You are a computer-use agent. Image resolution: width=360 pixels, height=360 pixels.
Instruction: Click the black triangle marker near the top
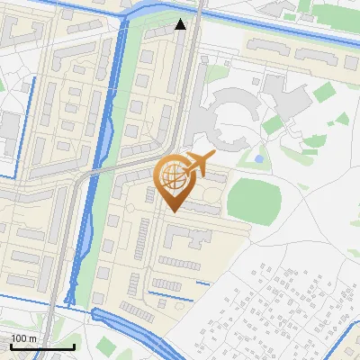coord(181,24)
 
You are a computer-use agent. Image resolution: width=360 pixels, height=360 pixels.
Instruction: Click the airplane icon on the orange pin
coord(199,163)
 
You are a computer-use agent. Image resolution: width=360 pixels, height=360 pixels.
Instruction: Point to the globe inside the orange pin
coord(172,175)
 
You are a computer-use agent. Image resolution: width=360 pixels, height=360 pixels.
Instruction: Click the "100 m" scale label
coord(25,337)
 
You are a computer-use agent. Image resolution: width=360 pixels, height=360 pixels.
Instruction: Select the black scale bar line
coord(42,346)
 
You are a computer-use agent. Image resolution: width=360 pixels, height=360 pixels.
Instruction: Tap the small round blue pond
coord(259,158)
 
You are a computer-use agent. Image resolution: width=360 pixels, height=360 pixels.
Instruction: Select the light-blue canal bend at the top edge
coord(148,9)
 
